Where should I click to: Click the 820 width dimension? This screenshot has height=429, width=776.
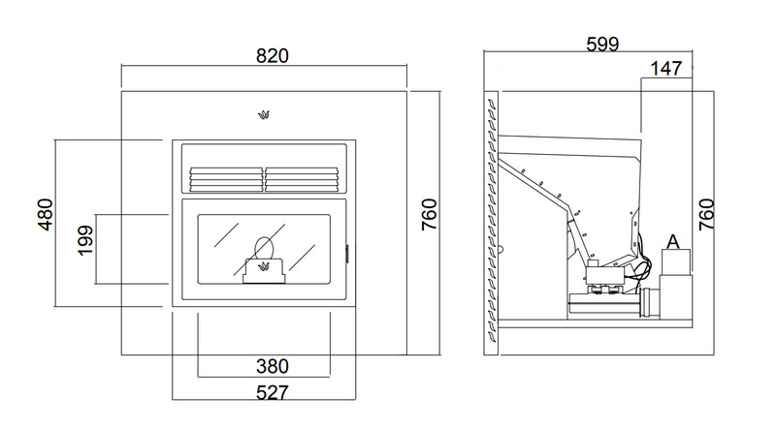pyautogui.click(x=273, y=56)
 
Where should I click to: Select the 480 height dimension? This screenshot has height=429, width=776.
pyautogui.click(x=45, y=215)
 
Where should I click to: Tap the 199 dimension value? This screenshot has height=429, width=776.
pyautogui.click(x=85, y=240)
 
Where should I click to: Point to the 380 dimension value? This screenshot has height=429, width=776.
pyautogui.click(x=273, y=366)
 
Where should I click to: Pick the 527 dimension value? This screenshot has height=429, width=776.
pyautogui.click(x=273, y=393)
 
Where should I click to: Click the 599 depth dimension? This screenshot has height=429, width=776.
pyautogui.click(x=602, y=45)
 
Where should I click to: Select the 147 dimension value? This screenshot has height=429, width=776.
pyautogui.click(x=666, y=69)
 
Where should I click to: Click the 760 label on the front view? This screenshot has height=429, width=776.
pyautogui.click(x=429, y=215)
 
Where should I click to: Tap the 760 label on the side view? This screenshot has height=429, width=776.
pyautogui.click(x=707, y=215)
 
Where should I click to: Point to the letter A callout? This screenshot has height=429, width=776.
pyautogui.click(x=673, y=242)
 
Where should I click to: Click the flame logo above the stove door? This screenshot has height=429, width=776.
pyautogui.click(x=264, y=115)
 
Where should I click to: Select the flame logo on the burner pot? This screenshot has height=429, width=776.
pyautogui.click(x=264, y=267)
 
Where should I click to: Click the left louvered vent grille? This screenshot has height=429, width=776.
pyautogui.click(x=226, y=179)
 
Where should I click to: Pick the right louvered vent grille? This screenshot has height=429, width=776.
pyautogui.click(x=302, y=179)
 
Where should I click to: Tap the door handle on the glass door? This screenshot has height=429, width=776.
pyautogui.click(x=346, y=254)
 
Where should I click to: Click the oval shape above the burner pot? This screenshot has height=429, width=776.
pyautogui.click(x=264, y=247)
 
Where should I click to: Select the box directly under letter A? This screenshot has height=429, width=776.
pyautogui.click(x=676, y=261)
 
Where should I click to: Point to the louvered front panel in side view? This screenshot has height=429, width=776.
pyautogui.click(x=492, y=223)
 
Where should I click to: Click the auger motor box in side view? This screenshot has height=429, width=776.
pyautogui.click(x=603, y=274)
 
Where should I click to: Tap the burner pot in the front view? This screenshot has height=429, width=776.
pyautogui.click(x=264, y=271)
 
